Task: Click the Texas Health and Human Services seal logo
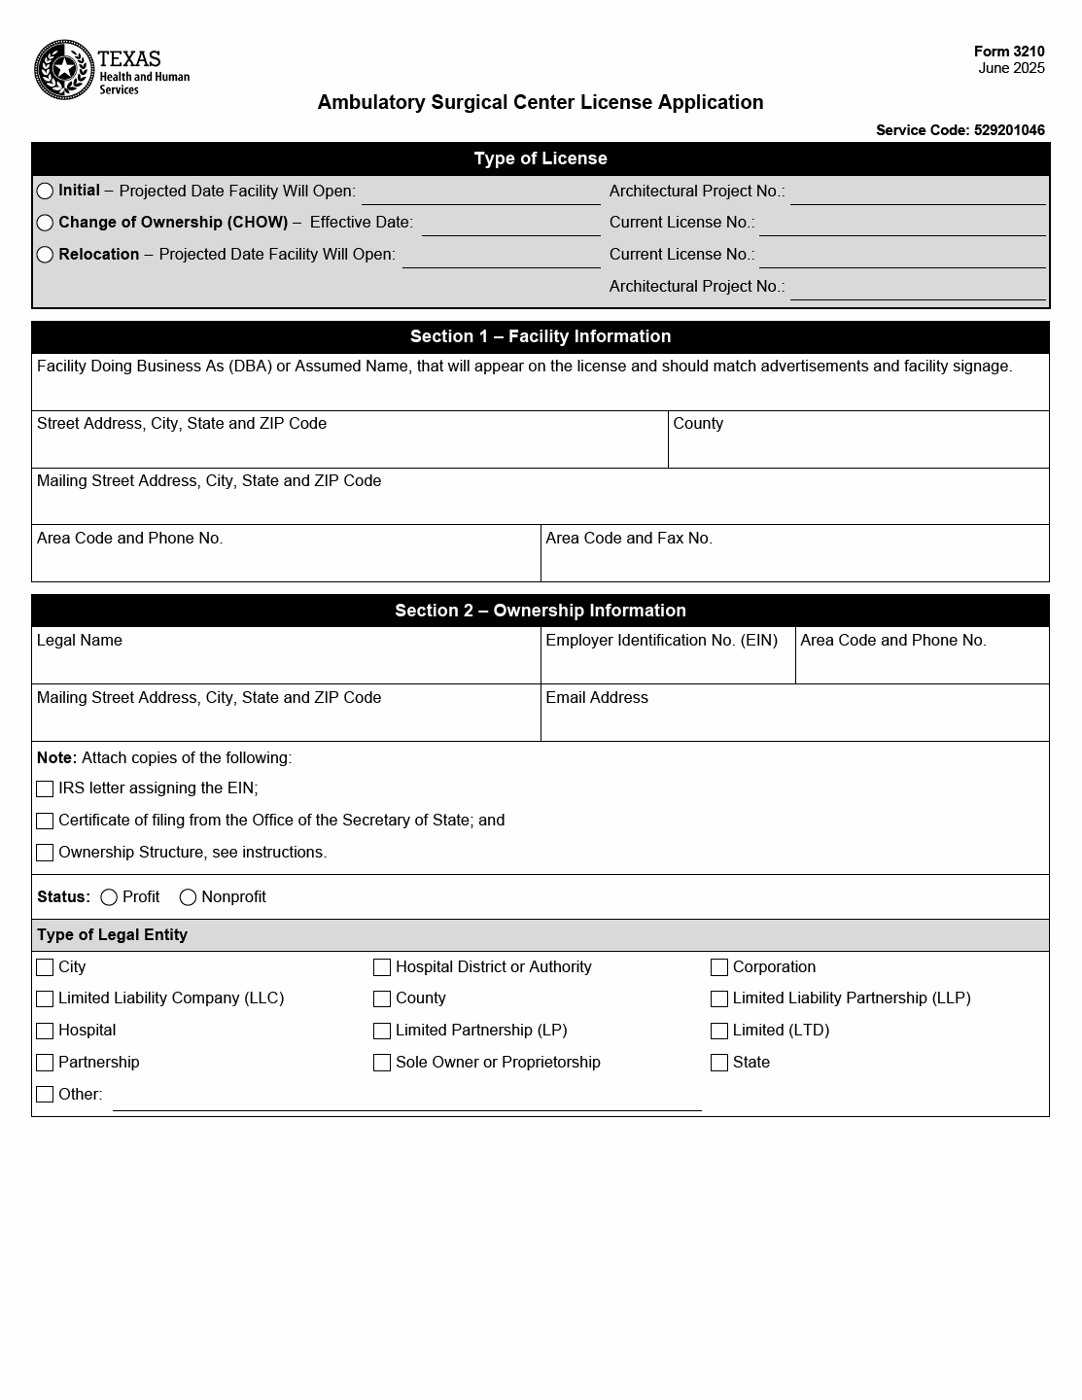64,70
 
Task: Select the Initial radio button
45,191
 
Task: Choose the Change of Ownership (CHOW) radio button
45,223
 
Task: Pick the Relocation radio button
45,255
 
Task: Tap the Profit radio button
109,897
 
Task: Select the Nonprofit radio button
188,897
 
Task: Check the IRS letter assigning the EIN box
45,789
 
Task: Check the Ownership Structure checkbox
45,853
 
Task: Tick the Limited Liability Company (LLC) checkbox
45,998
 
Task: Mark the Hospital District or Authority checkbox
382,967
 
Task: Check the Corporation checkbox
719,967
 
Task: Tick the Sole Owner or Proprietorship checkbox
382,1063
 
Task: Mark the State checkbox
719,1063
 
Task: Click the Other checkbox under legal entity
45,1095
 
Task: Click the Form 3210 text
1009,52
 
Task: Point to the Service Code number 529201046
1009,130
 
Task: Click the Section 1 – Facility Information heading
541,336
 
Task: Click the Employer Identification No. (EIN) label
661,641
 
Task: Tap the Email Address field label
597,698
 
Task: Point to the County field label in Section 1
698,424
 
